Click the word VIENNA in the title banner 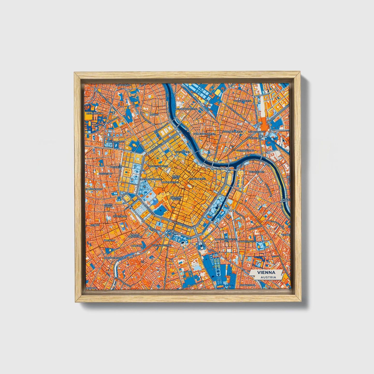coord(266,273)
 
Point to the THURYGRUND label coord(123,85)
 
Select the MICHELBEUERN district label coord(95,113)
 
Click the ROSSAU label coord(154,115)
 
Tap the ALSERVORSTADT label coord(115,142)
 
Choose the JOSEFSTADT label coord(105,174)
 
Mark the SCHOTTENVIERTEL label coord(158,166)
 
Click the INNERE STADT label coord(176,177)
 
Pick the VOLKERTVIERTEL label coord(243,101)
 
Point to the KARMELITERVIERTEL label coord(204,134)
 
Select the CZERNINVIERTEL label coord(245,151)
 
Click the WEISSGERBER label coord(256,172)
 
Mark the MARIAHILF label coord(109,240)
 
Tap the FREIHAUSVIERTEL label coord(163,245)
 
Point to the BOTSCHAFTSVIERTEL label coord(226,240)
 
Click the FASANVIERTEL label coord(247,285)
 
